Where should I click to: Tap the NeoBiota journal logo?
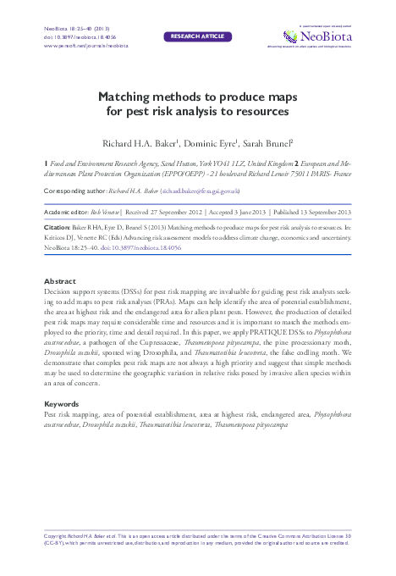[x=326, y=36]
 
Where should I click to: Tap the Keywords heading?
[x=63, y=405]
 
